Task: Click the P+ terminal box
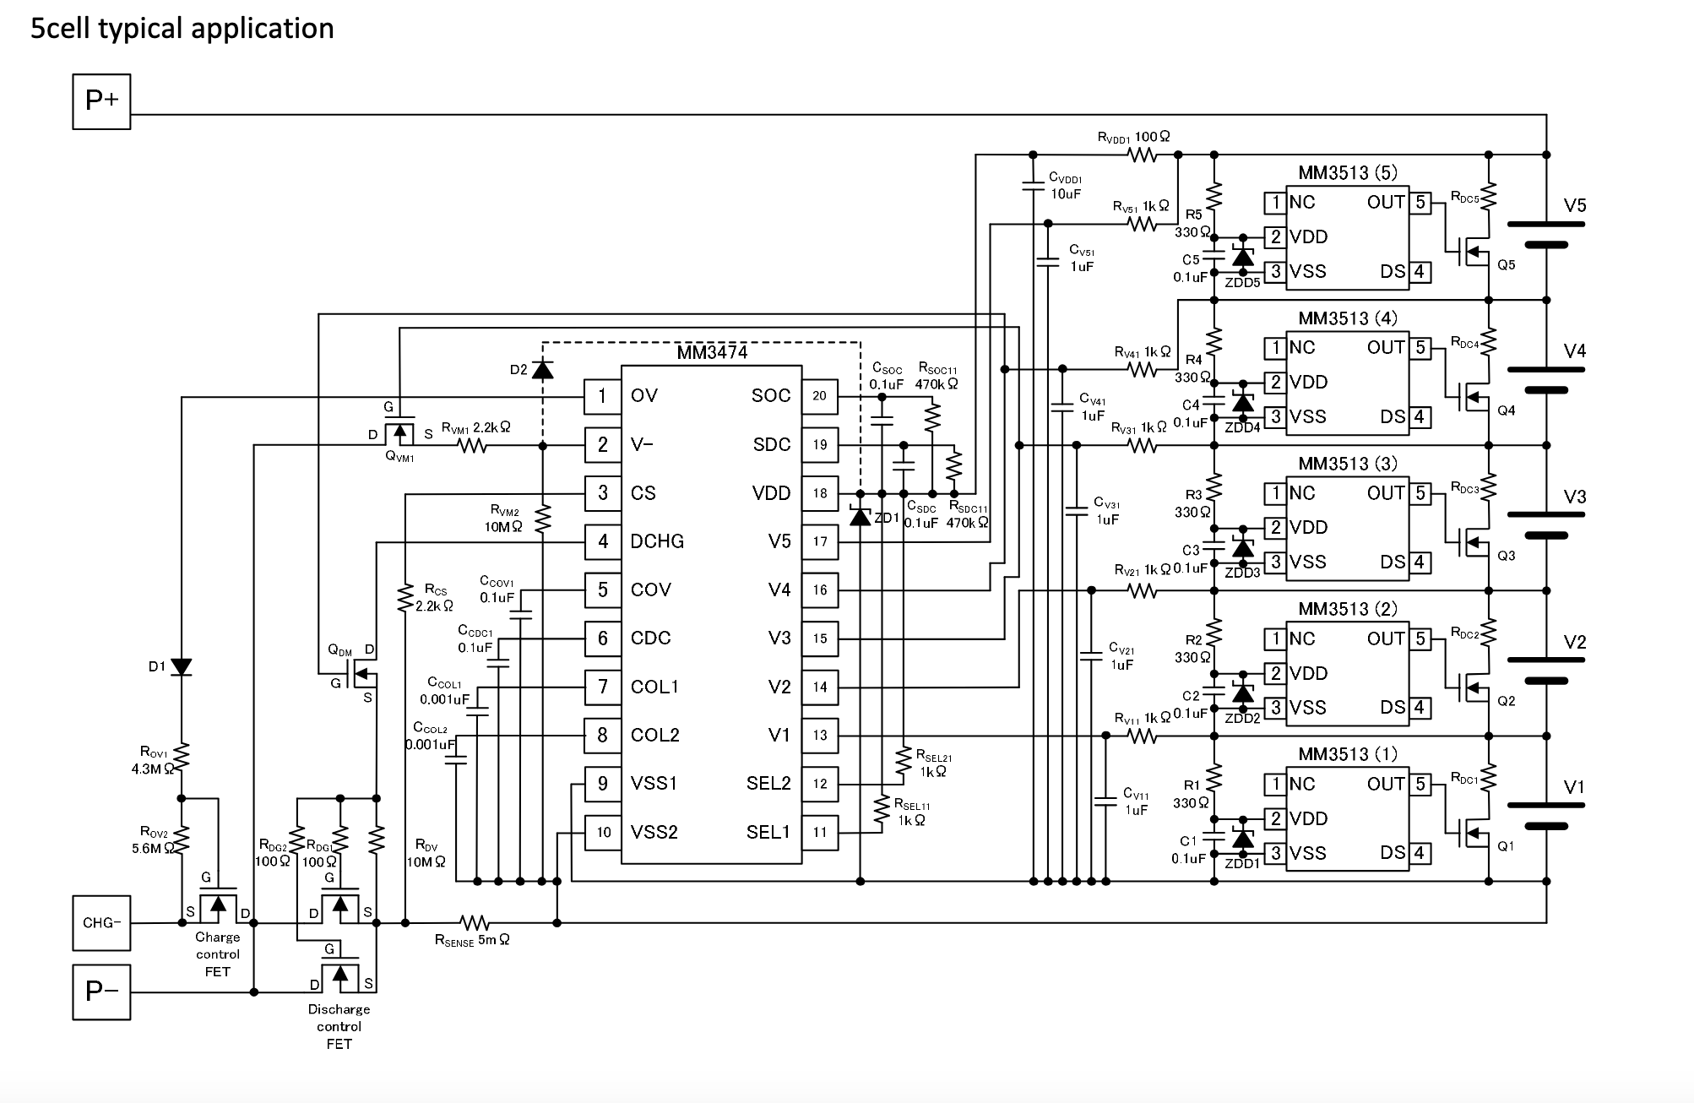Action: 101,101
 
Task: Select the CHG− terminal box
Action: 101,922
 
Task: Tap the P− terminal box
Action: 101,992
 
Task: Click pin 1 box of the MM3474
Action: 602,396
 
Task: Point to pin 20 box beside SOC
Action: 819,396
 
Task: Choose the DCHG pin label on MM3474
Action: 657,541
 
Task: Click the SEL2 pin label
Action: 768,784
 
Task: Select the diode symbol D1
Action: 182,667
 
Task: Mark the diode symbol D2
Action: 543,369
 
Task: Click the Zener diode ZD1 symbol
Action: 860,516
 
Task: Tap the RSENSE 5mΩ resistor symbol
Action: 475,922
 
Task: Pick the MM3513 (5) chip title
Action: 1348,173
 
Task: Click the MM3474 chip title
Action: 712,353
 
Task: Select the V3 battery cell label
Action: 1574,497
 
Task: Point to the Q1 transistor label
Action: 1506,846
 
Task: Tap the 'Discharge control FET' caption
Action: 339,1026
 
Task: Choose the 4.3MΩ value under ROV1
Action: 153,769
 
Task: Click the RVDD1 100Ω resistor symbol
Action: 1143,155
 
